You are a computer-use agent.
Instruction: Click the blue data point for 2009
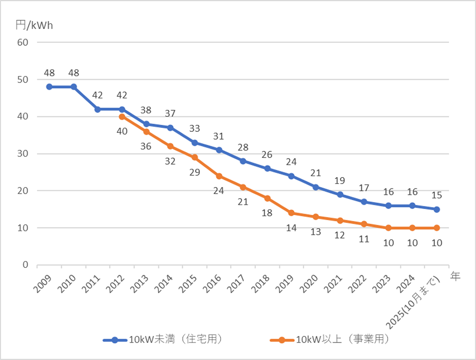[x=49, y=87]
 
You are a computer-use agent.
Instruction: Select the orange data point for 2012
[x=122, y=116]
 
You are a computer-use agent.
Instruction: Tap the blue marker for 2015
[x=195, y=142]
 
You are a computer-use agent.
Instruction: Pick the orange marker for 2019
[x=291, y=213]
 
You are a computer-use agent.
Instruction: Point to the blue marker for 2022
[x=364, y=201]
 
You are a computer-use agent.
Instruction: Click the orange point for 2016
[x=219, y=176]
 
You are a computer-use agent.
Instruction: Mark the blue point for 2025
[x=436, y=209]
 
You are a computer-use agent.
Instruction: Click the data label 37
[x=170, y=113]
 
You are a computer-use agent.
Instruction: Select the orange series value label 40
[x=122, y=131]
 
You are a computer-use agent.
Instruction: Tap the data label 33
[x=195, y=128]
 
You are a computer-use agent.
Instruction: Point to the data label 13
[x=315, y=232]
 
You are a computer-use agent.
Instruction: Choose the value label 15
[x=436, y=195]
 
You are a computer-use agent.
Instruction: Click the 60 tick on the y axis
[x=22, y=42]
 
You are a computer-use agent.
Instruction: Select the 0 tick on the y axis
[x=25, y=265]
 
